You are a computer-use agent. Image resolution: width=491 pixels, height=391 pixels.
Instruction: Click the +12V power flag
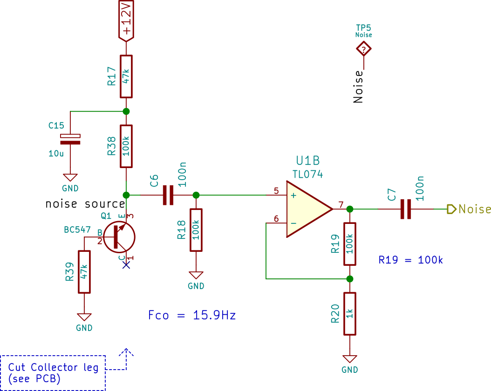(x=126, y=20)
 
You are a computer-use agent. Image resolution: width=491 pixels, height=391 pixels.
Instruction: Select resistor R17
(x=126, y=77)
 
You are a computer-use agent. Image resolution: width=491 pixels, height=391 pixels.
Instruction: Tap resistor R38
(x=126, y=146)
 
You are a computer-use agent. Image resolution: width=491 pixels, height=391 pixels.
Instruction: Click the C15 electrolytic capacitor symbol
(x=70, y=140)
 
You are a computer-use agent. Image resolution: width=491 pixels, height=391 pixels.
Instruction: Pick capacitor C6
(x=168, y=195)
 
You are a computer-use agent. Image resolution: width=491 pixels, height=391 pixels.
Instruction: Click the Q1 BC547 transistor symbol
(x=119, y=237)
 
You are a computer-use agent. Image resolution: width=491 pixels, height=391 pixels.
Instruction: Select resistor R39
(x=84, y=272)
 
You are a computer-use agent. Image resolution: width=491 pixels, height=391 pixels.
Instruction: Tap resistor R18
(x=196, y=230)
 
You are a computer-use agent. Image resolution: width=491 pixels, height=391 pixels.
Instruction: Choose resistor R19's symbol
(x=350, y=244)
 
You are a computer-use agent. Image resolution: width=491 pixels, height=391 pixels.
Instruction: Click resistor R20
(x=350, y=314)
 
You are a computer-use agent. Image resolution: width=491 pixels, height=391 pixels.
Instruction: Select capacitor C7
(x=405, y=209)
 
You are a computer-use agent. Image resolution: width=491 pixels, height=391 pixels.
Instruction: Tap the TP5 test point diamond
(x=363, y=49)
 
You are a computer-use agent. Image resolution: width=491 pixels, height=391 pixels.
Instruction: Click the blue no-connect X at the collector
(x=126, y=265)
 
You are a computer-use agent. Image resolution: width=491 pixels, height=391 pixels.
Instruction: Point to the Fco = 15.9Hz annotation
(x=192, y=315)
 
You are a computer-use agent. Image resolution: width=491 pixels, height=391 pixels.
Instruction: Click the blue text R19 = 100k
(x=410, y=260)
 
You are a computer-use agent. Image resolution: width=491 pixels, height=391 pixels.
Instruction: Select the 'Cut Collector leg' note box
(x=53, y=373)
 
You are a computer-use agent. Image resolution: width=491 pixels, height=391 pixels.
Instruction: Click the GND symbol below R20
(x=350, y=359)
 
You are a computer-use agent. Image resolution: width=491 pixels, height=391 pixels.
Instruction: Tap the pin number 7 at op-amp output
(x=341, y=204)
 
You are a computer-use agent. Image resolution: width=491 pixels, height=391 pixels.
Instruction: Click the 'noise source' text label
(x=85, y=204)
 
